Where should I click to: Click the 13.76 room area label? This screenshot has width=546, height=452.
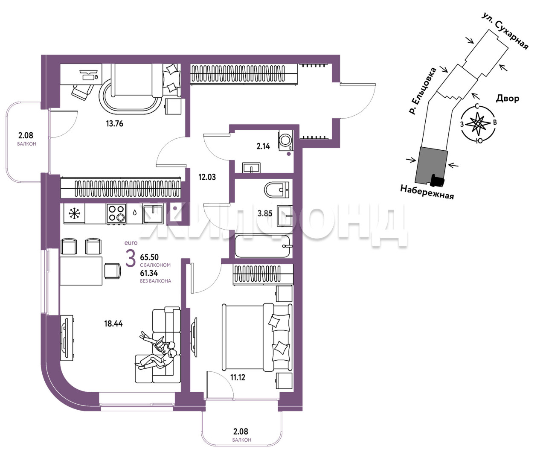115,123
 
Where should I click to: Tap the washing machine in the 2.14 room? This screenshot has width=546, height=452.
286,140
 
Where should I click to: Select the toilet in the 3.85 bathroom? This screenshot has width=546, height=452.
277,190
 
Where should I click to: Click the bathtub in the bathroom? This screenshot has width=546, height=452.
262,246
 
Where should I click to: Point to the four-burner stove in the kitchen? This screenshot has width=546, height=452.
116,213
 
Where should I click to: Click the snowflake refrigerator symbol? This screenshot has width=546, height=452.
74,213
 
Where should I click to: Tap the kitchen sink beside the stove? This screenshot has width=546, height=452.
153,213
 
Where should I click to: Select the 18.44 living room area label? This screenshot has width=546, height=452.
113,324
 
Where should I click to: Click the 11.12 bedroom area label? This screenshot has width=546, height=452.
238,377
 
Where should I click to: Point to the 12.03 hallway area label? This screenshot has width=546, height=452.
207,177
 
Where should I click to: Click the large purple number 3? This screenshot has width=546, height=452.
131,258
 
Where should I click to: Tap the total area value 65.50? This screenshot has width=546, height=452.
149,257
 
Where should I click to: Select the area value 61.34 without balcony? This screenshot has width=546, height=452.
149,273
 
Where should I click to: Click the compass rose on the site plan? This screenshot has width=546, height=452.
478,123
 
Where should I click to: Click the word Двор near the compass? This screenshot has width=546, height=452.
508,99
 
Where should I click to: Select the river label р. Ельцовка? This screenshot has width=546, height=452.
423,91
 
